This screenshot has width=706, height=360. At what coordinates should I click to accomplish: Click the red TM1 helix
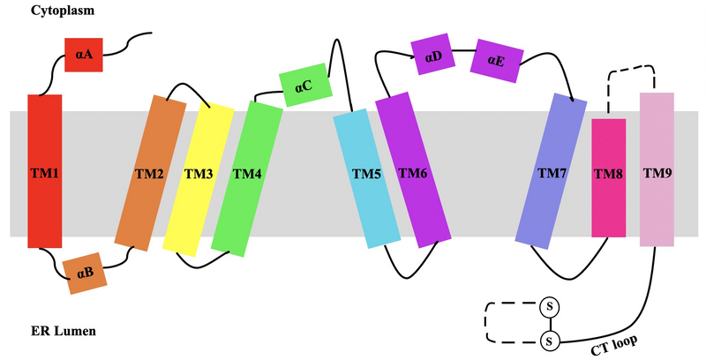point(44,171)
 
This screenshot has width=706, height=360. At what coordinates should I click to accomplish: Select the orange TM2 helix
point(150,173)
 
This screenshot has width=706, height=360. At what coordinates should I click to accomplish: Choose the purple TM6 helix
point(413,174)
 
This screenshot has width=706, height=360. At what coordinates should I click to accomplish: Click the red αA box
point(85,55)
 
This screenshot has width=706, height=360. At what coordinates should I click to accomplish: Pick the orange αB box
point(86,274)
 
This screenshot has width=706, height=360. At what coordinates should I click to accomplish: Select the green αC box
point(305,86)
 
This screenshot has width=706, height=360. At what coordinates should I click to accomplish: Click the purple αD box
point(432,56)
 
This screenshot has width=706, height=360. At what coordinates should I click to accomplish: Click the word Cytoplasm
point(63,11)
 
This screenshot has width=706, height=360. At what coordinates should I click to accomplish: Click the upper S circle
point(550,306)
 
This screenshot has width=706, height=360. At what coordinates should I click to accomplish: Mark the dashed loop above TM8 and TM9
point(632,67)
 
